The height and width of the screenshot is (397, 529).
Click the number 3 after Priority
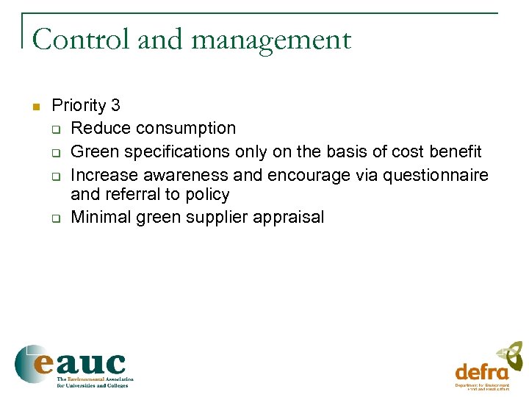coord(115,106)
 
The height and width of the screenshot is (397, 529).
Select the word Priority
coord(79,106)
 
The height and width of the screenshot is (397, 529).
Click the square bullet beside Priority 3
coord(35,106)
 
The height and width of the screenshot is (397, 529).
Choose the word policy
coord(209,195)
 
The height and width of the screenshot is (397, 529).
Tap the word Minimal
coord(98,217)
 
